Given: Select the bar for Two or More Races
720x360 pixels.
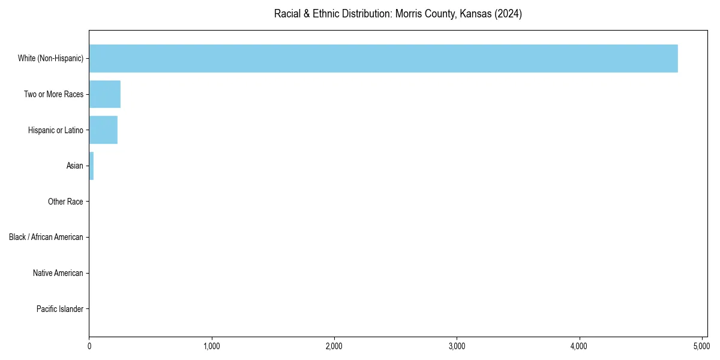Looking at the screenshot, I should click(105, 94).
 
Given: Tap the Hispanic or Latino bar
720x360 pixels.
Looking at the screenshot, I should click(103, 130).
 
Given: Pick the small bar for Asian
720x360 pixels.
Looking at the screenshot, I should click(91, 166).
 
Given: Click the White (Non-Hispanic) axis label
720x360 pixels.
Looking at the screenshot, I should click(50, 58).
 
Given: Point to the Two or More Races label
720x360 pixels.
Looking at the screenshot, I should click(53, 94).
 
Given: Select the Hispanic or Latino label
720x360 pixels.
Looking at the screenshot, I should click(55, 130).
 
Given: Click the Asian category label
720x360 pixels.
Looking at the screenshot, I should click(74, 166).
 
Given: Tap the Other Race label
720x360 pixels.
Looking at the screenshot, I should click(65, 202).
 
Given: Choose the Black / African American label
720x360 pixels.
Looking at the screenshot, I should click(46, 238).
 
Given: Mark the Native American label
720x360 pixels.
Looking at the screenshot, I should click(58, 273).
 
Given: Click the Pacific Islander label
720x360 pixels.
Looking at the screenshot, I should click(59, 309).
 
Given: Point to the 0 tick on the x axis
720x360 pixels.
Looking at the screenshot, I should click(89, 346).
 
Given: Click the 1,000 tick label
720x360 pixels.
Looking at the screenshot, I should click(212, 346).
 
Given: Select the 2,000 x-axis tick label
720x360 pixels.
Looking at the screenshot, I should click(334, 346).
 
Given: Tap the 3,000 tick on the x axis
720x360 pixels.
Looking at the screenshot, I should click(457, 346).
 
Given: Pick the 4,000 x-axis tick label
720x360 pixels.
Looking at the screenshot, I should click(579, 346).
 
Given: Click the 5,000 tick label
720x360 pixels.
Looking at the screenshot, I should click(701, 346).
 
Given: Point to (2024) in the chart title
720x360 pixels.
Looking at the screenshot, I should click(508, 14).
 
